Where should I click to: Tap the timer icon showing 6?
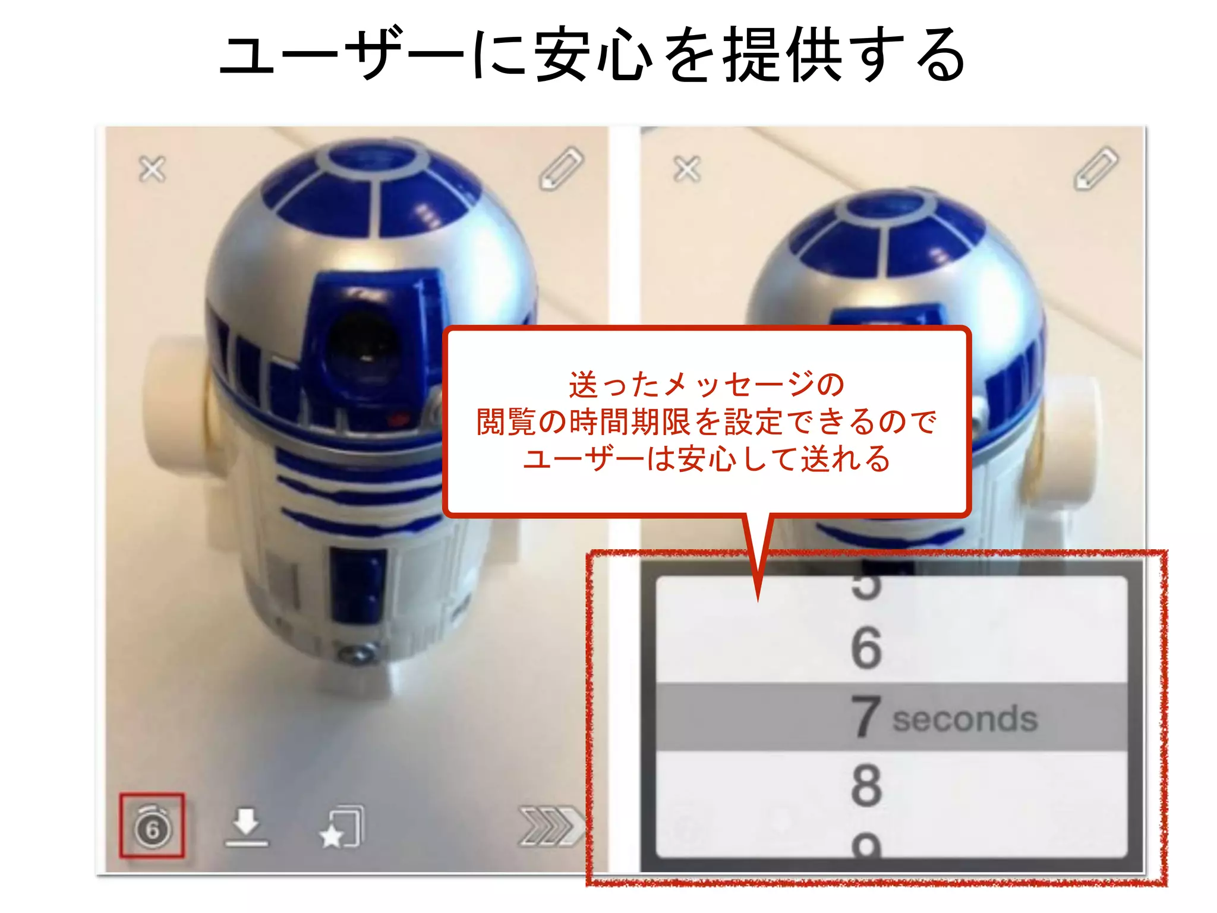tap(152, 827)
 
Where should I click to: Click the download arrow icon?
tap(246, 826)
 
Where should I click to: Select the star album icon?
tap(341, 827)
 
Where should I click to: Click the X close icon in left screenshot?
tap(152, 169)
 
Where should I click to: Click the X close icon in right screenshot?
tap(687, 169)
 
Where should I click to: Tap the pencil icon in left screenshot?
tap(561, 168)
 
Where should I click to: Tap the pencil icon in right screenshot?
tap(1096, 168)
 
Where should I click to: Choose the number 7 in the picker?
tap(865, 717)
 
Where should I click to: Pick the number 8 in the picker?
tap(866, 785)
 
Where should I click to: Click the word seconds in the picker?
tap(964, 719)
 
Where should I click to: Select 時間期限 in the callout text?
tap(630, 422)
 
